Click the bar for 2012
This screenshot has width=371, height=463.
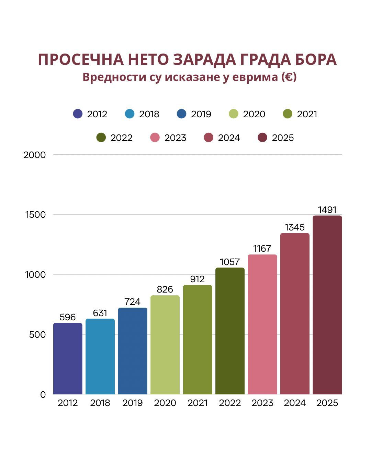(x=68, y=359)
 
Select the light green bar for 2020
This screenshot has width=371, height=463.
(x=165, y=345)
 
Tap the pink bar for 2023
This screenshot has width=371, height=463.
(x=262, y=324)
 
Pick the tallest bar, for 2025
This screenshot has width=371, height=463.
(x=327, y=305)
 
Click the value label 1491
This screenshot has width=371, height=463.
(x=327, y=210)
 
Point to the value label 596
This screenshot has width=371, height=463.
(x=68, y=317)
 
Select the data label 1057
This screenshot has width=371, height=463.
(x=230, y=262)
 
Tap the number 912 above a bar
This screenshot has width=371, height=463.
(x=198, y=279)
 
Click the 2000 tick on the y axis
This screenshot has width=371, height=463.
(x=34, y=155)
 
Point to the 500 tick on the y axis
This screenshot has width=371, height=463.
(x=37, y=335)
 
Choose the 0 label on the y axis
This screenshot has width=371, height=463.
(x=43, y=395)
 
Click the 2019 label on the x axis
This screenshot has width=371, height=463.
(x=133, y=403)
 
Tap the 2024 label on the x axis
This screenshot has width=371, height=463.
(x=295, y=403)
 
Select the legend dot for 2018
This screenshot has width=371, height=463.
(x=130, y=114)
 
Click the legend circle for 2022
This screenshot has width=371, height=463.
(x=101, y=138)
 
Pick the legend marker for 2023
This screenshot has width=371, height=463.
(x=155, y=138)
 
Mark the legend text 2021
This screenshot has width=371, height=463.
(x=307, y=114)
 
